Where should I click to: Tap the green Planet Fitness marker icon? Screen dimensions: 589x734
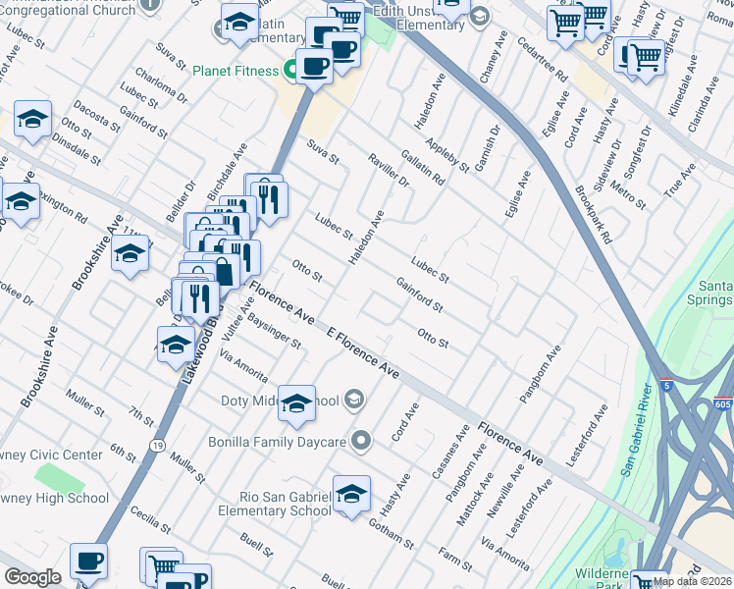[290, 70]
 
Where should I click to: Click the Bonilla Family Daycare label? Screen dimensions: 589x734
[278, 442]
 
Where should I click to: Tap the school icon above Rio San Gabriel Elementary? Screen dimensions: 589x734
[351, 496]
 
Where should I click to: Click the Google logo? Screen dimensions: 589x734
[32, 577]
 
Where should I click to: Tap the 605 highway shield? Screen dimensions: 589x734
[722, 404]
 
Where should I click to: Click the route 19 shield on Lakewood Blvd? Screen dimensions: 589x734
[155, 446]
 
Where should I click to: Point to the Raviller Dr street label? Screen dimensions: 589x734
[389, 168]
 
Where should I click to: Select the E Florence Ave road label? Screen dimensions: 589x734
[363, 354]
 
